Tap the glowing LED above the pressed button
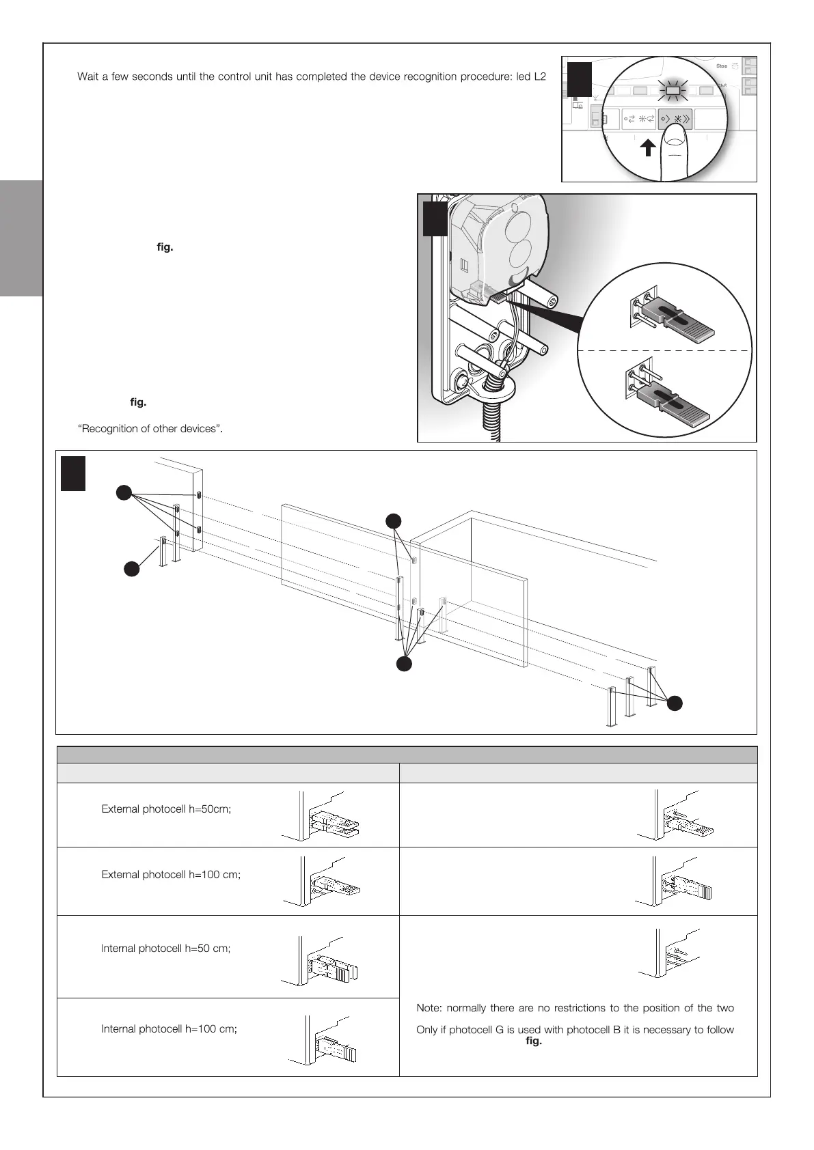674,89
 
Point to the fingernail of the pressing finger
675,142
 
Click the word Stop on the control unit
721,66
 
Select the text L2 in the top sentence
539,76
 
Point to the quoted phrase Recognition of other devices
151,429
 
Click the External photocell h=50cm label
166,809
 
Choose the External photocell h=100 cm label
171,875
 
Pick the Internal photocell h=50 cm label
165,949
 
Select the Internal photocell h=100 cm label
169,1029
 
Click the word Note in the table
428,1008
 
